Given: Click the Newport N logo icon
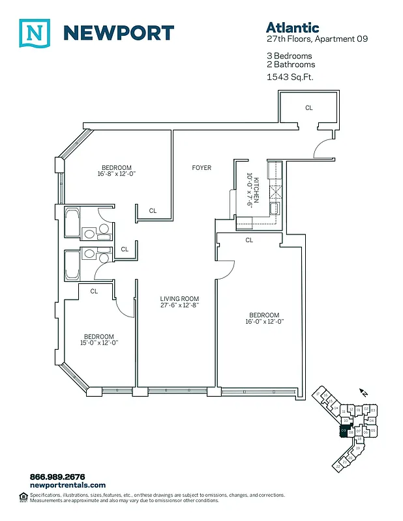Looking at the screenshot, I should pyautogui.click(x=34, y=33).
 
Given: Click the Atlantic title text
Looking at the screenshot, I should pyautogui.click(x=292, y=27).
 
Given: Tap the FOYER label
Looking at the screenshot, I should pyautogui.click(x=201, y=168).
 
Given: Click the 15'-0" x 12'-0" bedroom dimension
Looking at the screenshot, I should pyautogui.click(x=98, y=343).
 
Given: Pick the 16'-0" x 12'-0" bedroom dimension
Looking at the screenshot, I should pyautogui.click(x=264, y=322).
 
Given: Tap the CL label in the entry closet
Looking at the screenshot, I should pyautogui.click(x=309, y=108).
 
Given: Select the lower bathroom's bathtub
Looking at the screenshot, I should pyautogui.click(x=72, y=264).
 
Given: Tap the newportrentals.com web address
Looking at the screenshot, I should pyautogui.click(x=67, y=485).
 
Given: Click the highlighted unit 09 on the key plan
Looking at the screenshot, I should pyautogui.click(x=344, y=430).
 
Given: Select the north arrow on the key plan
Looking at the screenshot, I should pyautogui.click(x=364, y=393).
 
